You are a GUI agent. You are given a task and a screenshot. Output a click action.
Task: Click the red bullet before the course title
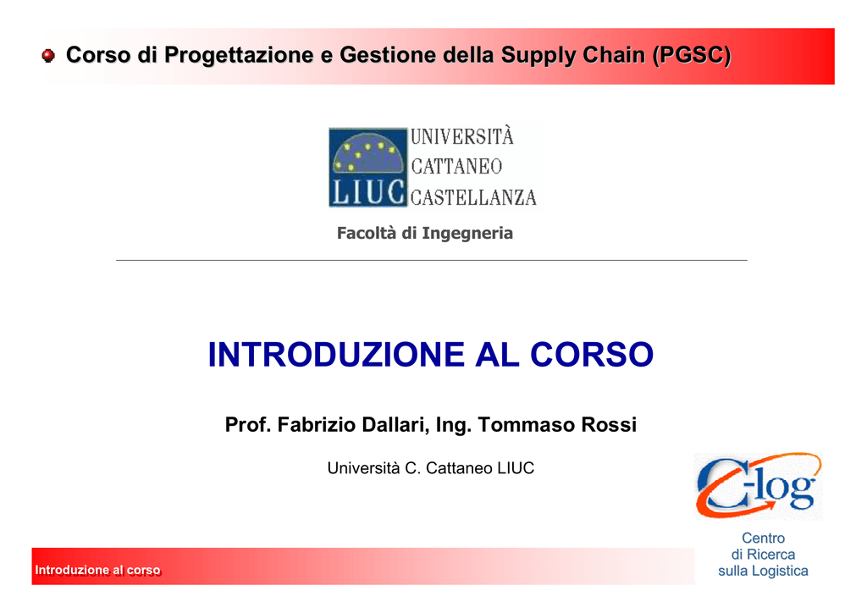tap(48, 55)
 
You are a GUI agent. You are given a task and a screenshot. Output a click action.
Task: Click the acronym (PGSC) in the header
tap(692, 55)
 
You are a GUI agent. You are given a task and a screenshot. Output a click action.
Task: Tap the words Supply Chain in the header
tap(573, 55)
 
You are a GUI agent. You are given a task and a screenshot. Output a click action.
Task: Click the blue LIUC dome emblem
tap(367, 168)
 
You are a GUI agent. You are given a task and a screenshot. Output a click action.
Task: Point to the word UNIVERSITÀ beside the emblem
tap(462, 136)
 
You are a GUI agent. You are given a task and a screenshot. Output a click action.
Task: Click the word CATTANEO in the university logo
tap(456, 167)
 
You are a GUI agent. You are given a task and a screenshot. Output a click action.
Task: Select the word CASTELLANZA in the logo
tap(473, 197)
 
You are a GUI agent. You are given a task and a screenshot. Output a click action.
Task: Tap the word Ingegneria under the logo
tap(467, 233)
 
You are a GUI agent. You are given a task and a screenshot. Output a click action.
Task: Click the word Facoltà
tap(367, 233)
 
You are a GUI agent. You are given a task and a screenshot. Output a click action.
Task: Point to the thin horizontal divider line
tap(431, 260)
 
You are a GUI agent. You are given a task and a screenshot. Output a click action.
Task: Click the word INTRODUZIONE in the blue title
tap(336, 354)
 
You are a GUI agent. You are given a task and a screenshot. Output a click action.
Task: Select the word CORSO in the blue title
tap(592, 354)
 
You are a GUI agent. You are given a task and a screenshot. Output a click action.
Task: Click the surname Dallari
tap(395, 424)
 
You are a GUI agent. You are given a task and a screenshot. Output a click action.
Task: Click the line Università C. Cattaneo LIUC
tap(431, 468)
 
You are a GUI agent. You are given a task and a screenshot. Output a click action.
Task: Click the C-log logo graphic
tap(758, 486)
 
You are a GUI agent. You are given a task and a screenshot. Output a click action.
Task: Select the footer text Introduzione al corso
tap(97, 570)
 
